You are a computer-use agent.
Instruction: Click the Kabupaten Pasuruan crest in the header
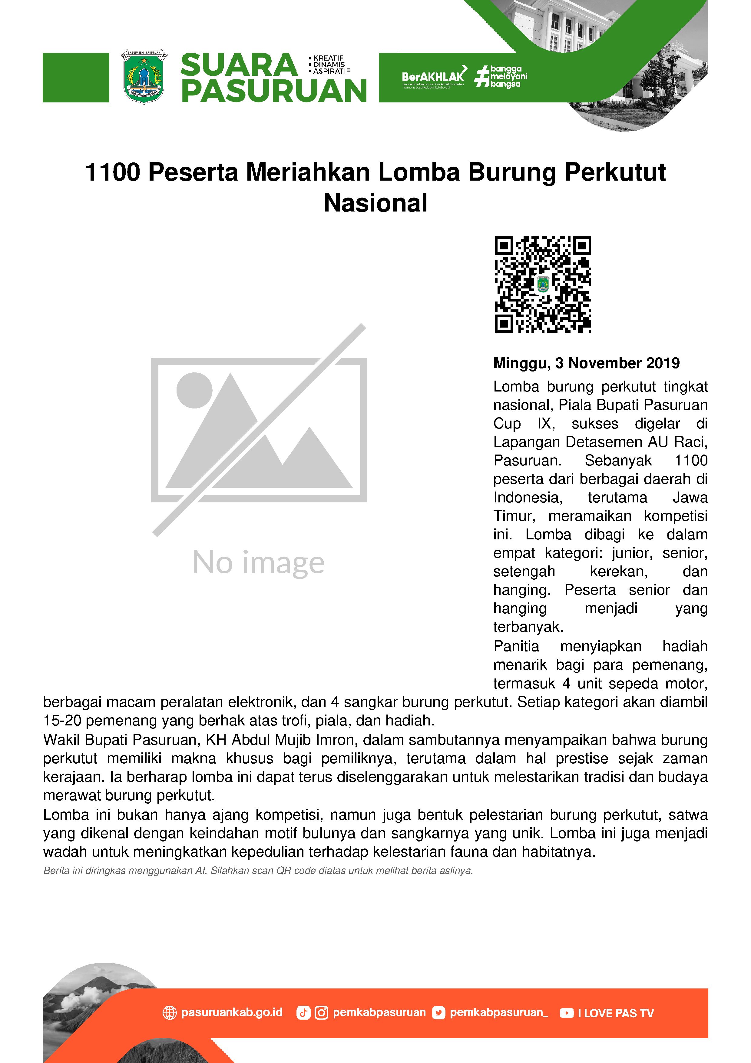pyautogui.click(x=144, y=77)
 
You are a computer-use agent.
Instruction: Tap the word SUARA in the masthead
pyautogui.click(x=239, y=65)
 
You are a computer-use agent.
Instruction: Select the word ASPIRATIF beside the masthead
pyautogui.click(x=331, y=71)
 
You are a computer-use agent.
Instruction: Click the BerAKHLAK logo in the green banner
pyautogui.click(x=433, y=76)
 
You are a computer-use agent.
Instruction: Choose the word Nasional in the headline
pyautogui.click(x=375, y=203)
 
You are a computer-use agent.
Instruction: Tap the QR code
pyautogui.click(x=543, y=284)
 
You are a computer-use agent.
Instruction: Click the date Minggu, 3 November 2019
pyautogui.click(x=586, y=363)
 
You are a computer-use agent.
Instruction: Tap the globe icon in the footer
pyautogui.click(x=170, y=1013)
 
